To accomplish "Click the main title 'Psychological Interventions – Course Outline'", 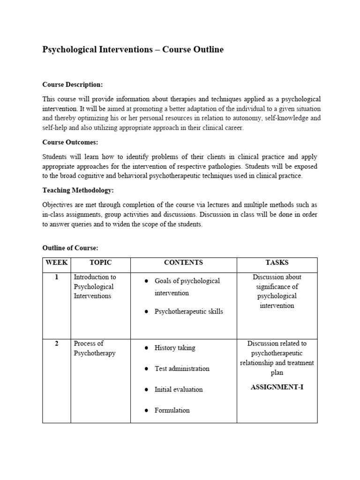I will (133, 49).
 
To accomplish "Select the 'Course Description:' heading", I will (72, 84).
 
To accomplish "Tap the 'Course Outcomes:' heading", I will (70, 142).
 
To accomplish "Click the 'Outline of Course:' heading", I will (70, 247).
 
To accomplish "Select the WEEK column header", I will (57, 263).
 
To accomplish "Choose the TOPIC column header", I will (100, 263).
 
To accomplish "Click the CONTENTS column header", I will (183, 263).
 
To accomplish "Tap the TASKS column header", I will (277, 263).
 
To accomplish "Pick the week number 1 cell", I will (57, 277).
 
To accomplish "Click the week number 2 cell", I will (57, 344).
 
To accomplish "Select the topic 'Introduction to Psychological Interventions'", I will (95, 286).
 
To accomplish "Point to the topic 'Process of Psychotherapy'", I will (94, 348).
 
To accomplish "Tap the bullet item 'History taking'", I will (175, 348).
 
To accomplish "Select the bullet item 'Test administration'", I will (182, 368).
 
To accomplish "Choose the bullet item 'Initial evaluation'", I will (179, 389).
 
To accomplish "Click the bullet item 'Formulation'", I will (172, 410).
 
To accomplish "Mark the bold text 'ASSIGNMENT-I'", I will (277, 387).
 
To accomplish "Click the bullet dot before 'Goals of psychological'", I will (147, 281).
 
